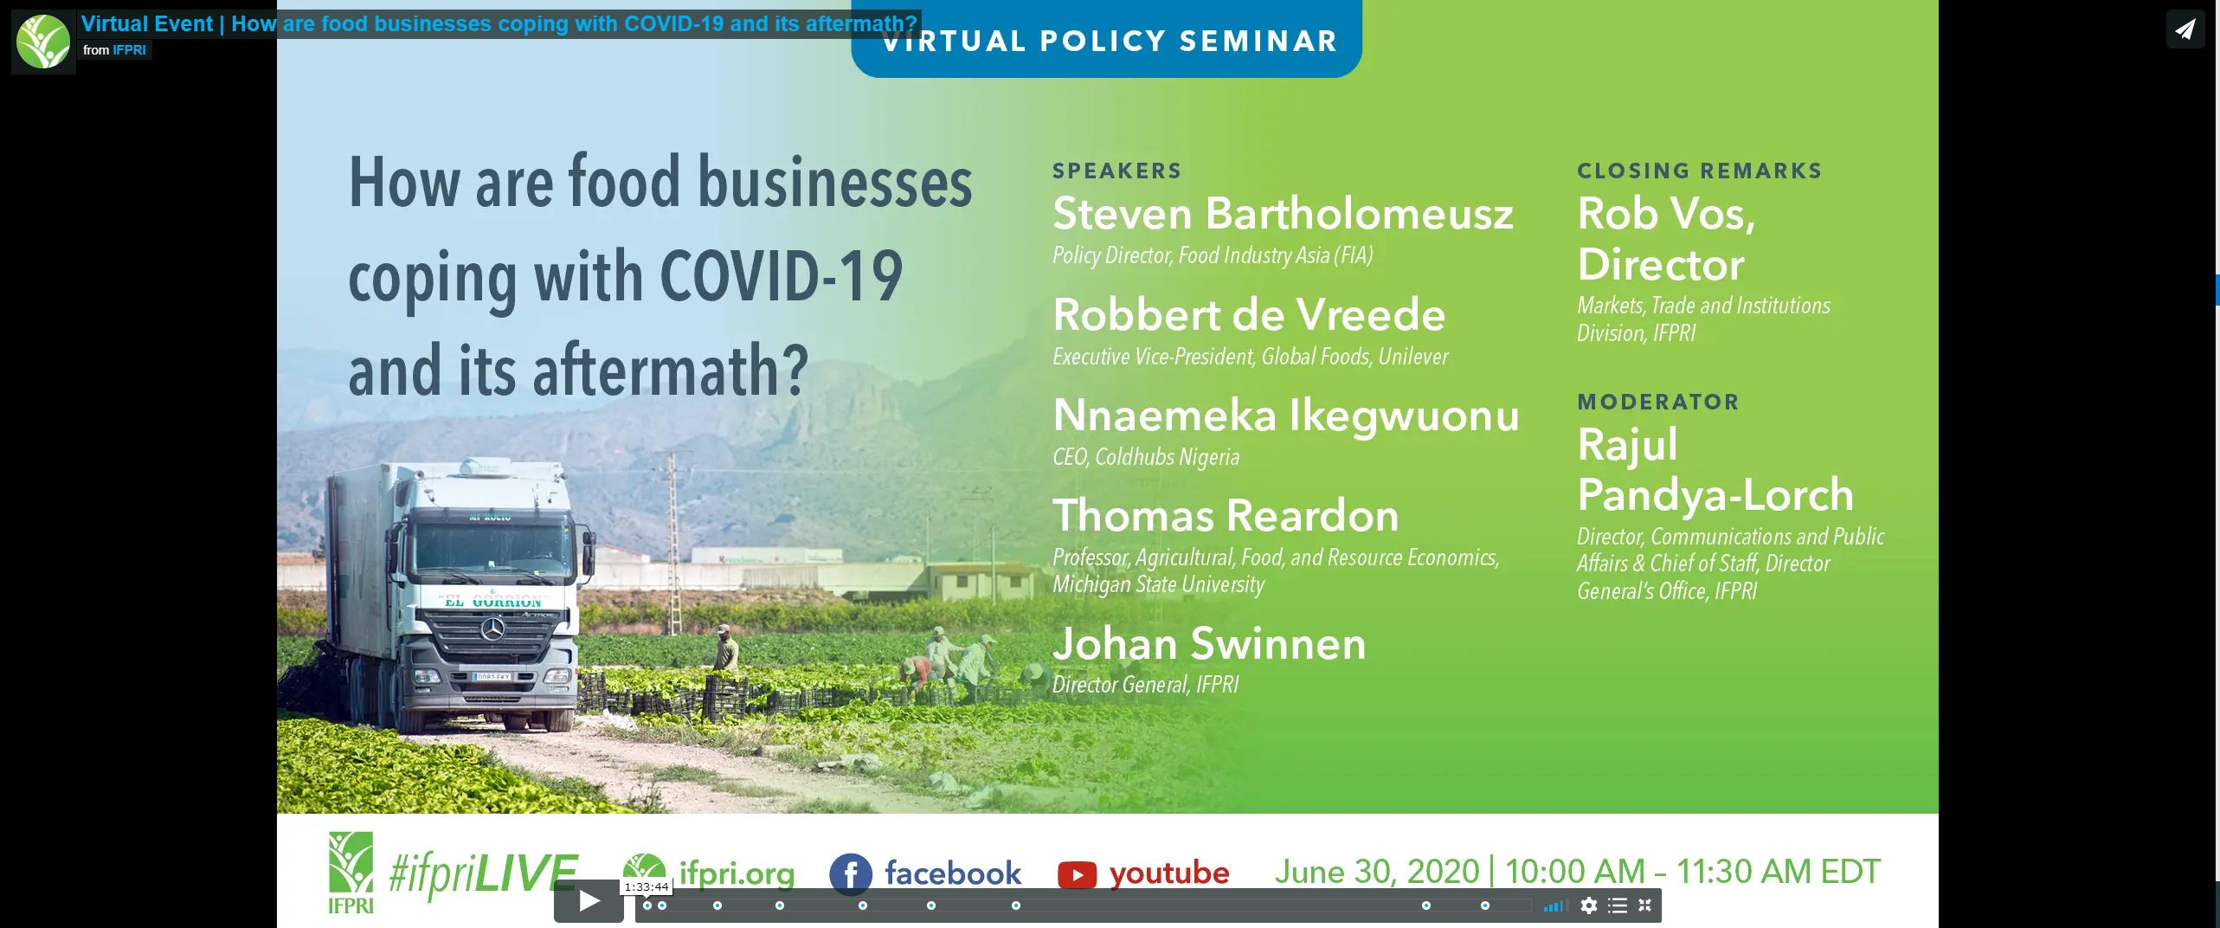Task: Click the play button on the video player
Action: pos(589,902)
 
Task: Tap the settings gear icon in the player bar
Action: pos(1588,905)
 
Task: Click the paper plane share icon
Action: pos(2185,29)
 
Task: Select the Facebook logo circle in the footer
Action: pos(850,873)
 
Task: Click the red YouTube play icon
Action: pos(1077,874)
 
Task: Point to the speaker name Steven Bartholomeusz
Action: pos(1283,214)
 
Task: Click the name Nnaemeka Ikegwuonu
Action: pos(1285,416)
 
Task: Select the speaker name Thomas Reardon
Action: pos(1226,516)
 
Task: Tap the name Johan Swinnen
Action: pos(1209,644)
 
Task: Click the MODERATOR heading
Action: pos(1657,402)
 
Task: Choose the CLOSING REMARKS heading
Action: pos(1699,171)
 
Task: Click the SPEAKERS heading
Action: pos(1116,171)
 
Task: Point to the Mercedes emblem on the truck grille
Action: pos(492,629)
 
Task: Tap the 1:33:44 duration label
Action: pos(646,886)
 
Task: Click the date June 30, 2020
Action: pos(1377,872)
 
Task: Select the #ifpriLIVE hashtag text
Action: pos(483,873)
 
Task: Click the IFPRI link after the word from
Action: pos(129,50)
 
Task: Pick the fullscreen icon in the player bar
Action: pos(1645,905)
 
